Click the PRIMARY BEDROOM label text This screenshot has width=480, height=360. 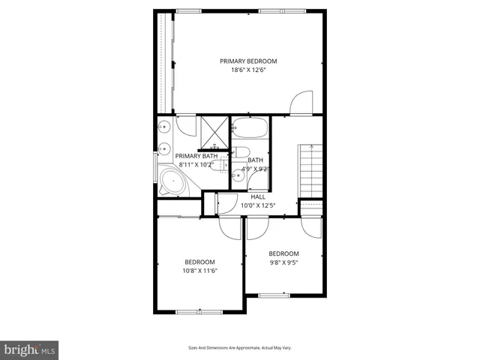coord(248,61)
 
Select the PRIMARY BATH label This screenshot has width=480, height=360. coord(196,156)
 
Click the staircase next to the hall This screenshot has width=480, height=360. coord(310,169)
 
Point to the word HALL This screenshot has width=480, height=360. coord(258,196)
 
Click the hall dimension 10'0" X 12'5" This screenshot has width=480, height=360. coord(258,205)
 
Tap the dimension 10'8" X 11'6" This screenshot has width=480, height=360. coord(200,271)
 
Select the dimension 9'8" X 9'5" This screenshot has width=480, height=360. coord(283,262)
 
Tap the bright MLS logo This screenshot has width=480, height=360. coord(28,349)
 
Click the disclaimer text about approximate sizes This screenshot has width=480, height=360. coord(239,347)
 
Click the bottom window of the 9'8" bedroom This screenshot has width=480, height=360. coord(274,295)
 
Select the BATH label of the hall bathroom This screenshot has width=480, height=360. coord(256,160)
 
